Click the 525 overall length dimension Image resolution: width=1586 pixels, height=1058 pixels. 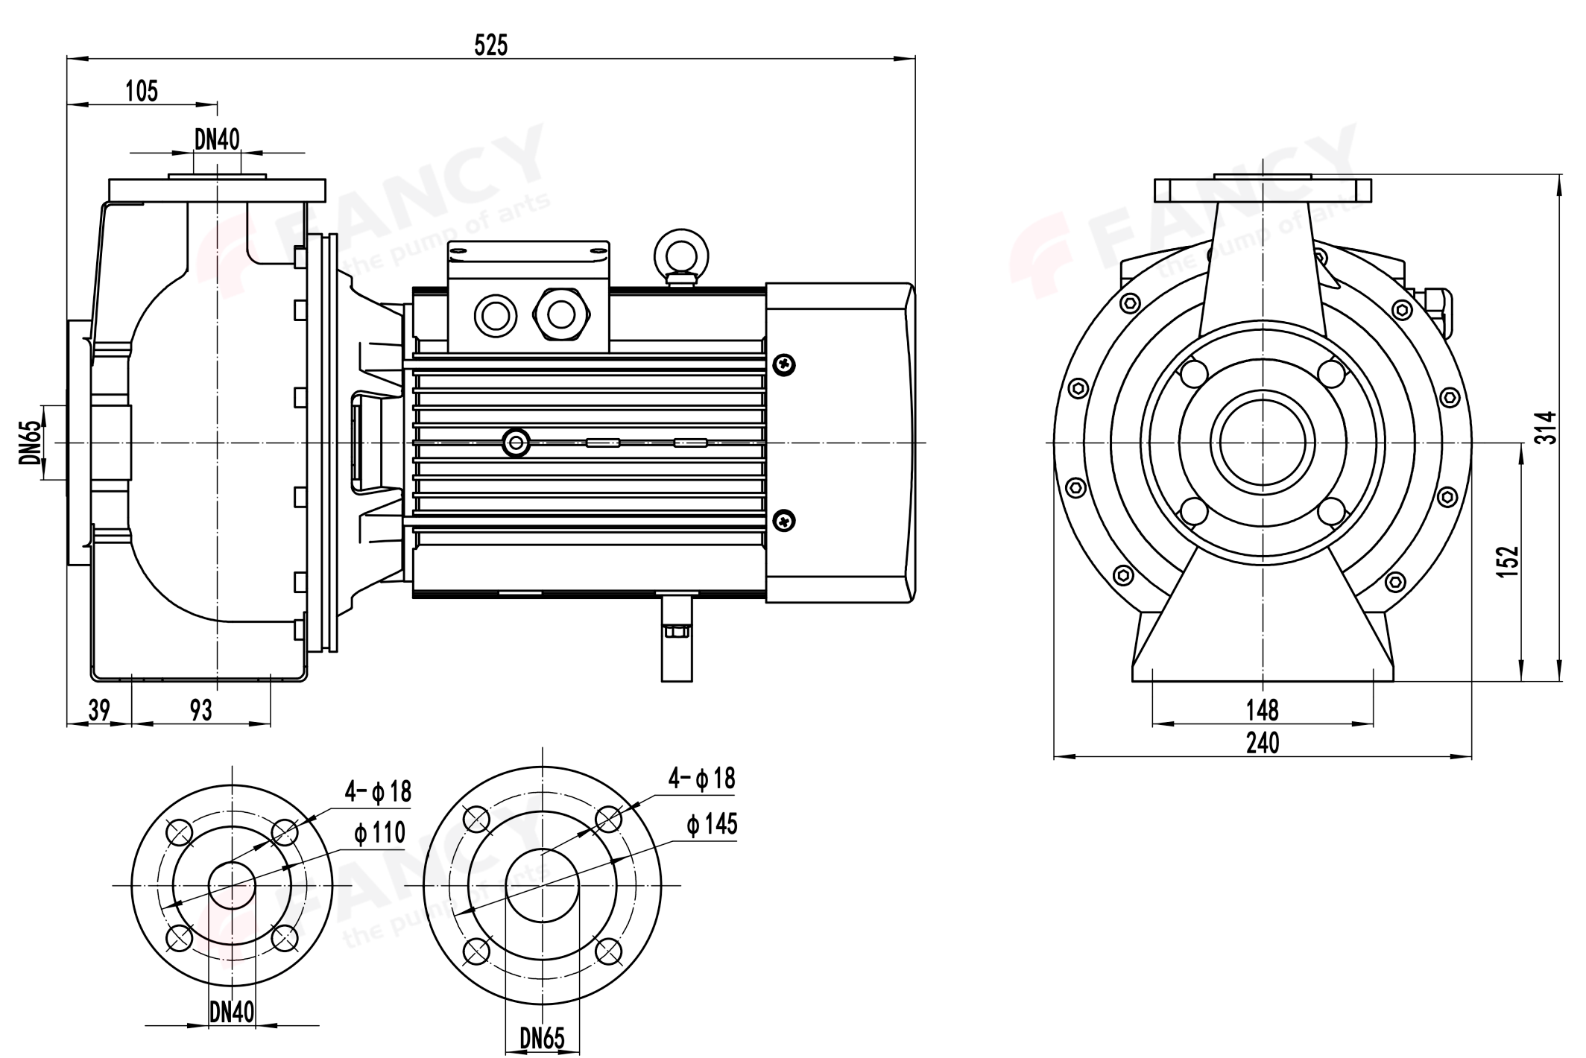point(490,45)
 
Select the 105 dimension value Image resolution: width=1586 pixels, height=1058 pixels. point(142,91)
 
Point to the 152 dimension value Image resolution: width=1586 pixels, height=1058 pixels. point(1507,561)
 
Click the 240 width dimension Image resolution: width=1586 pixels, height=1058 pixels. point(1263,743)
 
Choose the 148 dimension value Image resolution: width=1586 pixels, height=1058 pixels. point(1263,710)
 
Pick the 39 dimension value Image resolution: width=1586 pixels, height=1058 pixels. point(98,710)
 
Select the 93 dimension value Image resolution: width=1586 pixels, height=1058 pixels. point(200,710)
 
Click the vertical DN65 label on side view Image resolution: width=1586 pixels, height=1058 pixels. point(28,443)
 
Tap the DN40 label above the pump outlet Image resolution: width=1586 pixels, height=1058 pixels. point(217,139)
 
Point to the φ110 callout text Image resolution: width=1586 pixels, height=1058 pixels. point(379,832)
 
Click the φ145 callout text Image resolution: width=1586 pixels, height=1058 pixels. point(712,824)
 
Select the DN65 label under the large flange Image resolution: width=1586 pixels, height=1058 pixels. point(542,1038)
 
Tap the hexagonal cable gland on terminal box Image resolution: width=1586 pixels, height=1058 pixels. point(561,315)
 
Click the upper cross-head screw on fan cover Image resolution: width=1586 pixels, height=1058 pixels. point(785,364)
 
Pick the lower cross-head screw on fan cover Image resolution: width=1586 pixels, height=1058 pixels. point(785,519)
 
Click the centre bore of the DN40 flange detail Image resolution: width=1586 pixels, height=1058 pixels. point(232,885)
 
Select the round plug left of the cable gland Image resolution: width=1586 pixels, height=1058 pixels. point(495,315)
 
